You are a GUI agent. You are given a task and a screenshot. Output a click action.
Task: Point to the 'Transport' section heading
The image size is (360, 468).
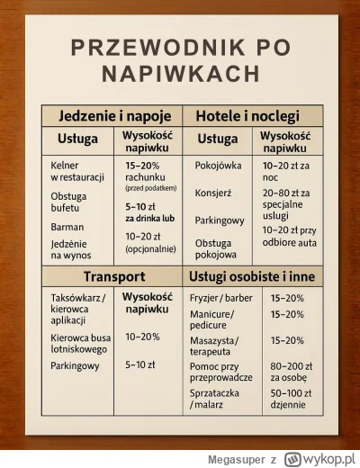click(x=114, y=274)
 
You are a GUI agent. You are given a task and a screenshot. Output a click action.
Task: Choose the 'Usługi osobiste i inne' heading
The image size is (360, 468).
click(x=247, y=274)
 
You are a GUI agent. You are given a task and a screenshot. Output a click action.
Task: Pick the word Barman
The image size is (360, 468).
click(x=67, y=227)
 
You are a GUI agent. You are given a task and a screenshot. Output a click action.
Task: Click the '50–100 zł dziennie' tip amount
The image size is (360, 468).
click(x=290, y=400)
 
